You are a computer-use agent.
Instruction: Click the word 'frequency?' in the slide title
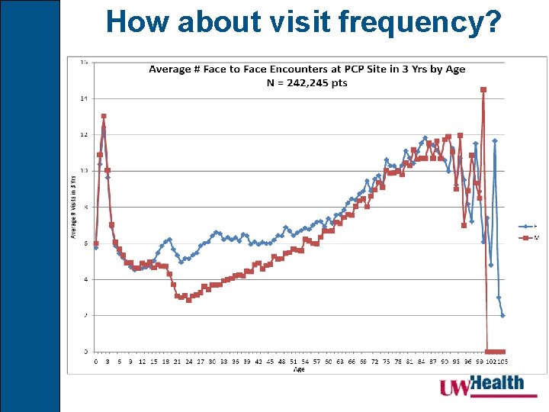(x=426, y=23)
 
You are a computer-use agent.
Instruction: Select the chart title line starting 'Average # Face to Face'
(x=307, y=69)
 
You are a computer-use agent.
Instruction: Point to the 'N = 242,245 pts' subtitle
(x=307, y=82)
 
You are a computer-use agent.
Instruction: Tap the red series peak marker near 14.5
(x=483, y=90)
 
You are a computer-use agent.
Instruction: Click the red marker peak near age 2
(x=104, y=117)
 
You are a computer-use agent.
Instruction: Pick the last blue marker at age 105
(x=502, y=315)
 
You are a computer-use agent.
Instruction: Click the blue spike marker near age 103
(x=495, y=141)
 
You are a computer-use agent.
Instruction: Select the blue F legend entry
(x=527, y=227)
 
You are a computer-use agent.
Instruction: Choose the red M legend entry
(x=527, y=238)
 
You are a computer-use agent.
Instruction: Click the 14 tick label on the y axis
(x=84, y=98)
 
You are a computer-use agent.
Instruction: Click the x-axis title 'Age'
(x=299, y=369)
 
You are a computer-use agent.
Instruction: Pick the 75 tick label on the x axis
(x=387, y=362)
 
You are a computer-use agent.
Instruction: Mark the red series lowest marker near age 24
(x=188, y=300)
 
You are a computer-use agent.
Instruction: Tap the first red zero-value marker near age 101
(x=487, y=352)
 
